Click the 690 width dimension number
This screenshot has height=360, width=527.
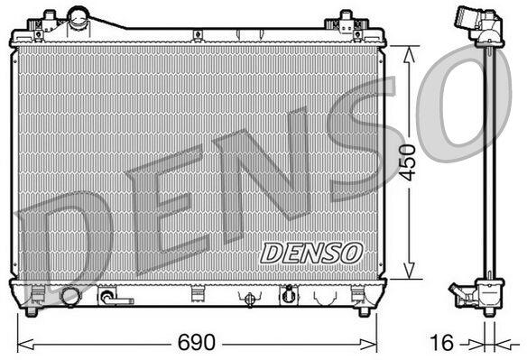[196, 342]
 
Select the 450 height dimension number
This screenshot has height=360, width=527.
[409, 162]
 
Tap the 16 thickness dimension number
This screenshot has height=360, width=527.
[441, 343]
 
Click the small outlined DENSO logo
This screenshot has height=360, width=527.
[311, 253]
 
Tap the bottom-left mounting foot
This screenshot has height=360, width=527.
[32, 311]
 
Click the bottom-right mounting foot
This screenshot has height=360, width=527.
[364, 311]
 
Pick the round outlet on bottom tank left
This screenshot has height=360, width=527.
[70, 297]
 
